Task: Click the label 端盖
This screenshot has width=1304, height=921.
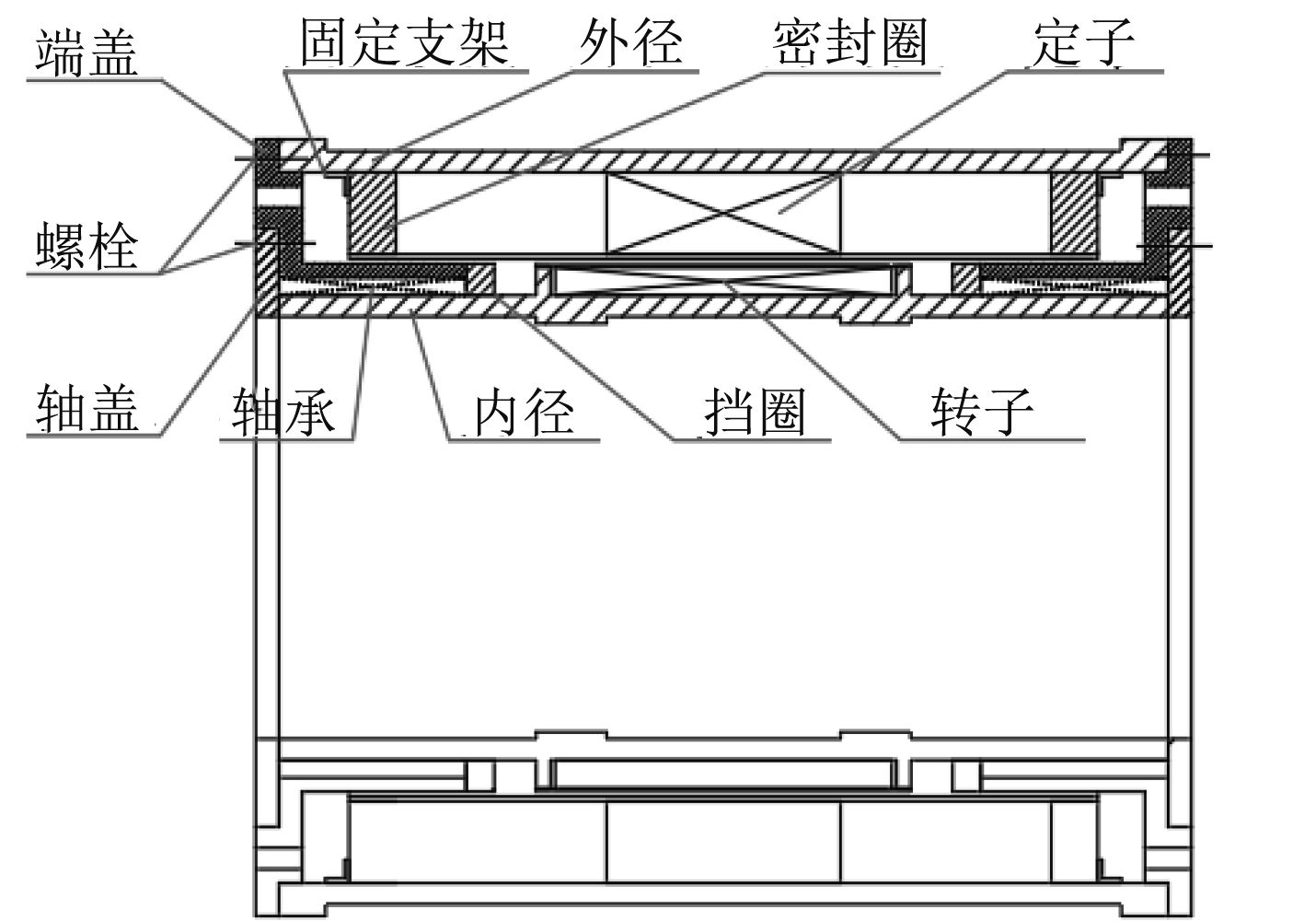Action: [87, 52]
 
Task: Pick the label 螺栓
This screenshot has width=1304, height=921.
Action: [87, 246]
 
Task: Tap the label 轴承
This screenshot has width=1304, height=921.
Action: [283, 410]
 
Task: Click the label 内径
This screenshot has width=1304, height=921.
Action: [524, 410]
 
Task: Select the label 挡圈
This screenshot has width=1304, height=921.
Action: [755, 410]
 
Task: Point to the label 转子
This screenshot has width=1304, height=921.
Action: [981, 410]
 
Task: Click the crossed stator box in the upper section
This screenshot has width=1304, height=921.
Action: [722, 213]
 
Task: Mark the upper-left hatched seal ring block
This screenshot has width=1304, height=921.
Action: [371, 213]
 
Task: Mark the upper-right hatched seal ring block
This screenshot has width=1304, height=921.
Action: [1074, 213]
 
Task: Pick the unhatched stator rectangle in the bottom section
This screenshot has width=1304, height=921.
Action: [722, 842]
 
